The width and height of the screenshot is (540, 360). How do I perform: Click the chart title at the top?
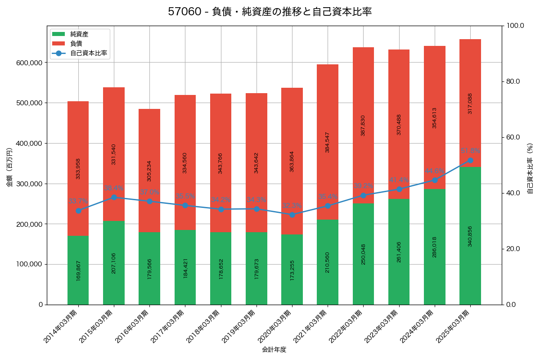(270, 12)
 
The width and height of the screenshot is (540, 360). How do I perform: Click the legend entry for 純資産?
(79, 34)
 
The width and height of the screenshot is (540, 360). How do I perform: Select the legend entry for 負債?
(76, 44)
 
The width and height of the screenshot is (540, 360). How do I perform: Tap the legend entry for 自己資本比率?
(88, 53)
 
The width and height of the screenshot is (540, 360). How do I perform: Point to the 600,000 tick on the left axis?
(30, 63)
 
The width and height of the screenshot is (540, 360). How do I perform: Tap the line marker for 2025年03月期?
(470, 160)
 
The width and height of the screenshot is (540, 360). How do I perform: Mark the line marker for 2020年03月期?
(292, 215)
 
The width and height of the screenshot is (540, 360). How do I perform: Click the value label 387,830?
(363, 126)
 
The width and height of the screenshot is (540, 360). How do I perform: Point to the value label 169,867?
(78, 270)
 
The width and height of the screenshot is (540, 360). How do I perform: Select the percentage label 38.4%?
(114, 188)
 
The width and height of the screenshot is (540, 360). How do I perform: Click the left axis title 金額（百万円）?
(9, 167)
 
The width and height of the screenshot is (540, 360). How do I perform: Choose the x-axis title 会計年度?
(274, 349)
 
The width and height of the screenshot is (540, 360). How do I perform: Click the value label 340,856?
(470, 236)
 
